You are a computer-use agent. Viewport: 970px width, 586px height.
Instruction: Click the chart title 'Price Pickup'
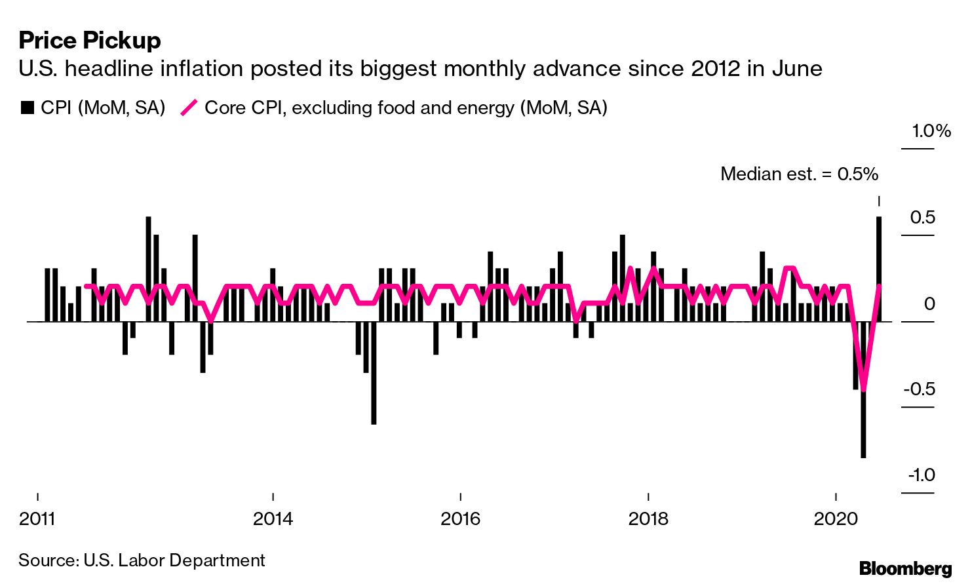[90, 41]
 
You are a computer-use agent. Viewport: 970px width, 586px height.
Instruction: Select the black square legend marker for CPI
[27, 107]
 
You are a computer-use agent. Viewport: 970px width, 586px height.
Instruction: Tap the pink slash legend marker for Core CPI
[189, 107]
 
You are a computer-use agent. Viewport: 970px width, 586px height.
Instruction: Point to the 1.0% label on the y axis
[931, 131]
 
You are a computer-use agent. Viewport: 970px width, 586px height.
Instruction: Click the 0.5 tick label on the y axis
[922, 218]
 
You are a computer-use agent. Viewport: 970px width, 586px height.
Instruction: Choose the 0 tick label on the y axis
[929, 304]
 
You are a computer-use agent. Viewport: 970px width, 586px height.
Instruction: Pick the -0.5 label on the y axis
[919, 389]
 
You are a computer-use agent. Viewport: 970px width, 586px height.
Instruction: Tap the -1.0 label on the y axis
[921, 475]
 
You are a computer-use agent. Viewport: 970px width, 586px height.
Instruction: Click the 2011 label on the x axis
[37, 519]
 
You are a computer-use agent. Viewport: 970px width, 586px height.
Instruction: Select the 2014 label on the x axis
[273, 519]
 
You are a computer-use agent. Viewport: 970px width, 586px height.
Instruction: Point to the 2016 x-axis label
[460, 519]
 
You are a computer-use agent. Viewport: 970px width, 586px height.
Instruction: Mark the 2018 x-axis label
[648, 519]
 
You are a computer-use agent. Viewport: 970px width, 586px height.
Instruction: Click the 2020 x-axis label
[835, 519]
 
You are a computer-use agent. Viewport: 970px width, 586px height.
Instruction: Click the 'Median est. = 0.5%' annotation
[799, 174]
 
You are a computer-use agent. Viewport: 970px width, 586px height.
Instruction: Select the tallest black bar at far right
[879, 269]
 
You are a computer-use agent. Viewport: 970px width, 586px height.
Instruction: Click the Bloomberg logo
[905, 568]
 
